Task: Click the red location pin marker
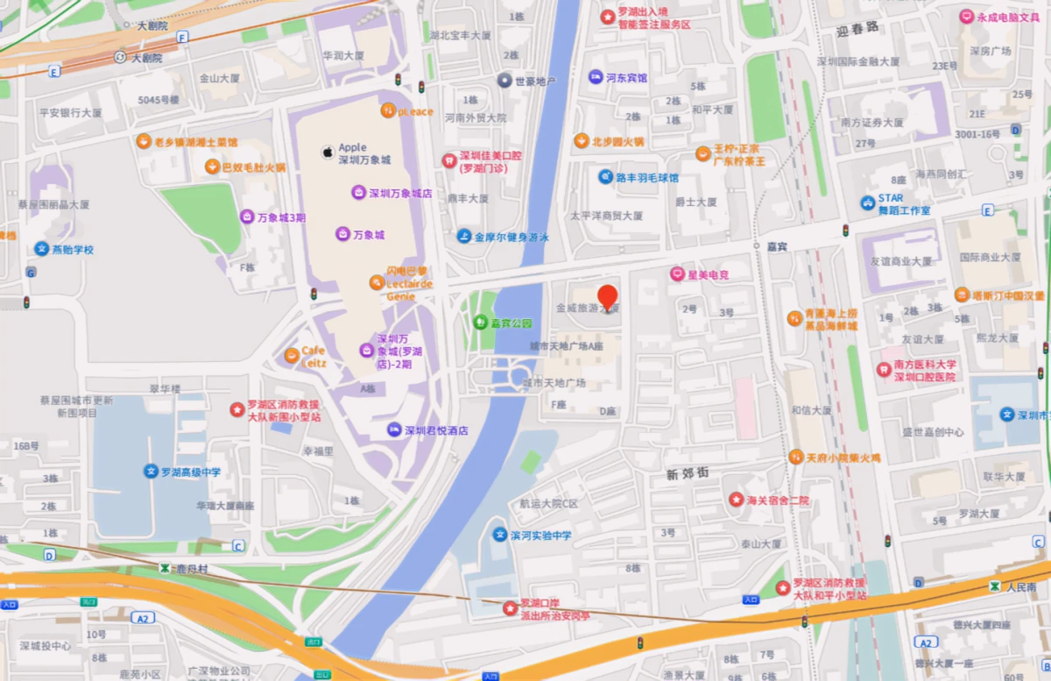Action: (x=607, y=297)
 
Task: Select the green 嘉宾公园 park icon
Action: (x=480, y=323)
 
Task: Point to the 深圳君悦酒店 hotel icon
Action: (x=394, y=430)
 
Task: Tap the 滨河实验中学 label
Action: (x=540, y=535)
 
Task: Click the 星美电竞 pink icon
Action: (x=676, y=274)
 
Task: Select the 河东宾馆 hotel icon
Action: (x=596, y=77)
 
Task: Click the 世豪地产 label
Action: (x=535, y=82)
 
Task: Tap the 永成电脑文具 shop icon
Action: (x=966, y=17)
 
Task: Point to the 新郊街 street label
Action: (x=687, y=474)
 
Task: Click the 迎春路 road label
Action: (x=856, y=31)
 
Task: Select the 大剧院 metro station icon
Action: (x=120, y=58)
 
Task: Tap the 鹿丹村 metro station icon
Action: (x=165, y=568)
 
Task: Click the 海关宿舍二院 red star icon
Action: (x=736, y=500)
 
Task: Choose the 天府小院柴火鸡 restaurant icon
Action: (x=795, y=457)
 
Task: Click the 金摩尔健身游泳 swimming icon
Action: (x=463, y=237)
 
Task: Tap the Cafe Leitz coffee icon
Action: (x=291, y=355)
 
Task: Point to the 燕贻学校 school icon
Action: (x=40, y=249)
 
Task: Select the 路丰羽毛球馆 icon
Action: (x=605, y=177)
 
